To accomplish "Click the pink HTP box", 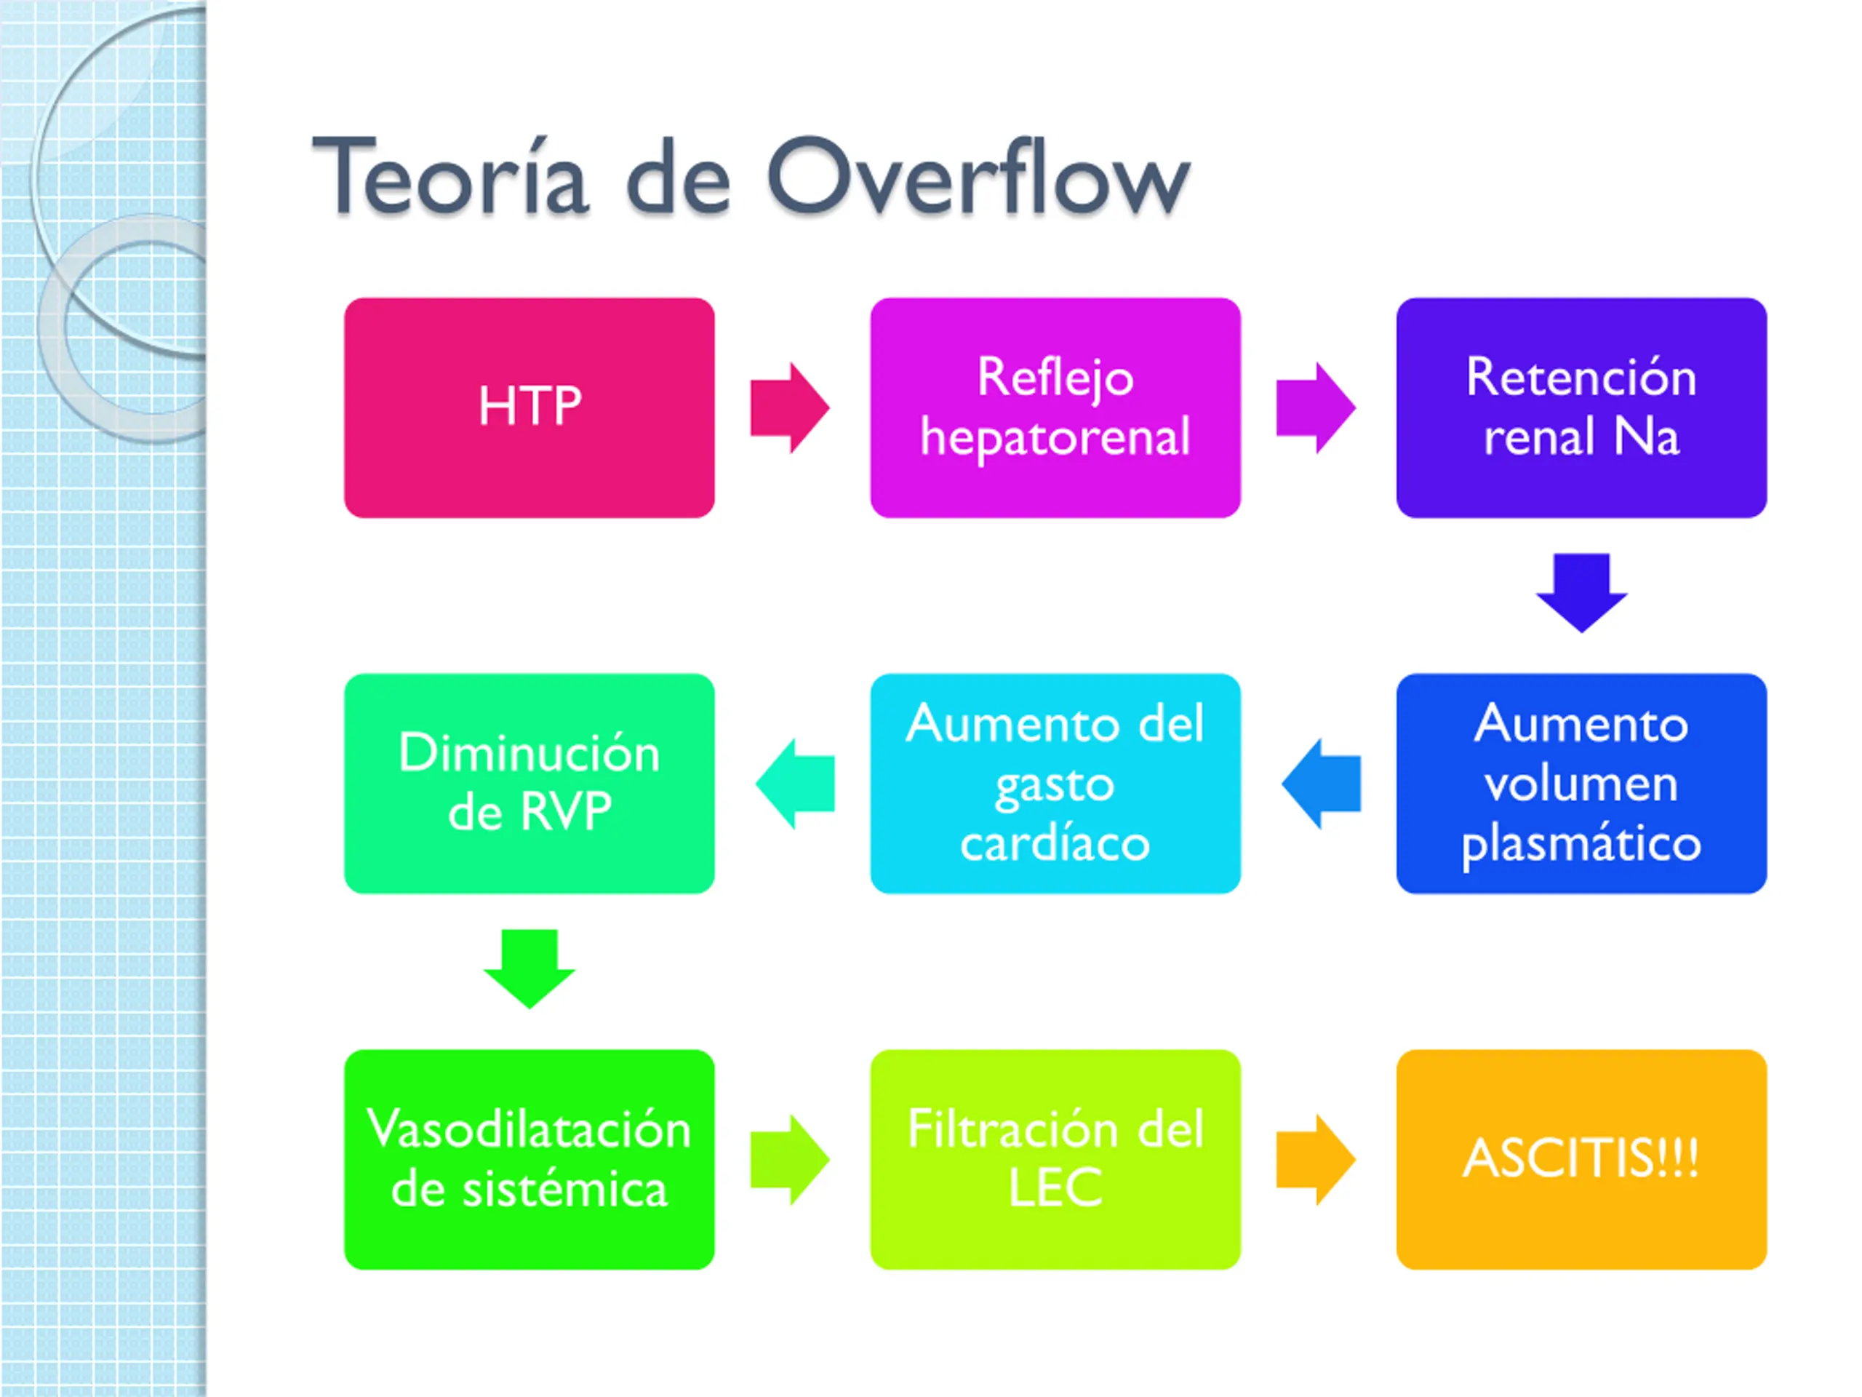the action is point(529,407).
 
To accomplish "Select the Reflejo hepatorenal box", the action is point(1055,407).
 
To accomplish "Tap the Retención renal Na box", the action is point(1581,407).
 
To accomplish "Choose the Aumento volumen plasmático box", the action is point(1581,782).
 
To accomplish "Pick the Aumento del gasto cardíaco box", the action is point(1055,782).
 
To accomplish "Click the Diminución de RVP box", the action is point(529,782).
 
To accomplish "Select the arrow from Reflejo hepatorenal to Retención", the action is point(1315,407).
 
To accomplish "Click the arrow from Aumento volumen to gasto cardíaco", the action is point(1322,783).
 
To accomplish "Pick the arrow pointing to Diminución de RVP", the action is point(796,783).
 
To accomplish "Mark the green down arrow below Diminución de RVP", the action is point(529,968).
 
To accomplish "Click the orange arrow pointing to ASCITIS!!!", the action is point(1315,1160).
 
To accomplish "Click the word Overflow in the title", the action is point(978,177).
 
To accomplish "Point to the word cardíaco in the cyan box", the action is point(1055,842).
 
